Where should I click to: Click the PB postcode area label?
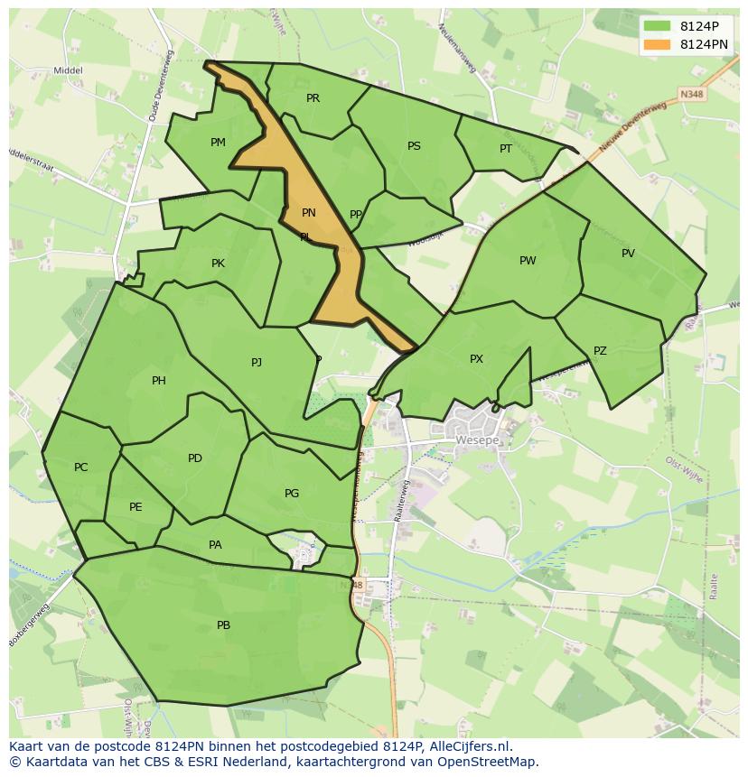[x=223, y=625]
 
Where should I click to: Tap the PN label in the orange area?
[x=309, y=213]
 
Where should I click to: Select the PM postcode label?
[x=218, y=143]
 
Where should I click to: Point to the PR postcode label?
[x=313, y=98]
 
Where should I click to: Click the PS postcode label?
[x=414, y=146]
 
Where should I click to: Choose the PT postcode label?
[x=506, y=149]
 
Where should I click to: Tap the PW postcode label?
[x=528, y=261]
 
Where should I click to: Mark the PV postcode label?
[x=628, y=254]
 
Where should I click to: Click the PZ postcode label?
[x=600, y=351]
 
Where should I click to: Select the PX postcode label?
[x=476, y=359]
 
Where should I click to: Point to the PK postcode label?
[x=218, y=264]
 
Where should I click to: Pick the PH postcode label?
[x=159, y=381]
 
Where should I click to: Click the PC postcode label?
[x=81, y=467]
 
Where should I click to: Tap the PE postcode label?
[x=136, y=507]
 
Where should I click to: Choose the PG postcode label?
[x=292, y=494]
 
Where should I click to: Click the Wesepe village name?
[x=476, y=440]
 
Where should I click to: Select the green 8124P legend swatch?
[x=657, y=25]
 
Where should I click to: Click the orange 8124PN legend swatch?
[x=657, y=44]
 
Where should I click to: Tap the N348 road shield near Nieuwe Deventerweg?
[x=692, y=94]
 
